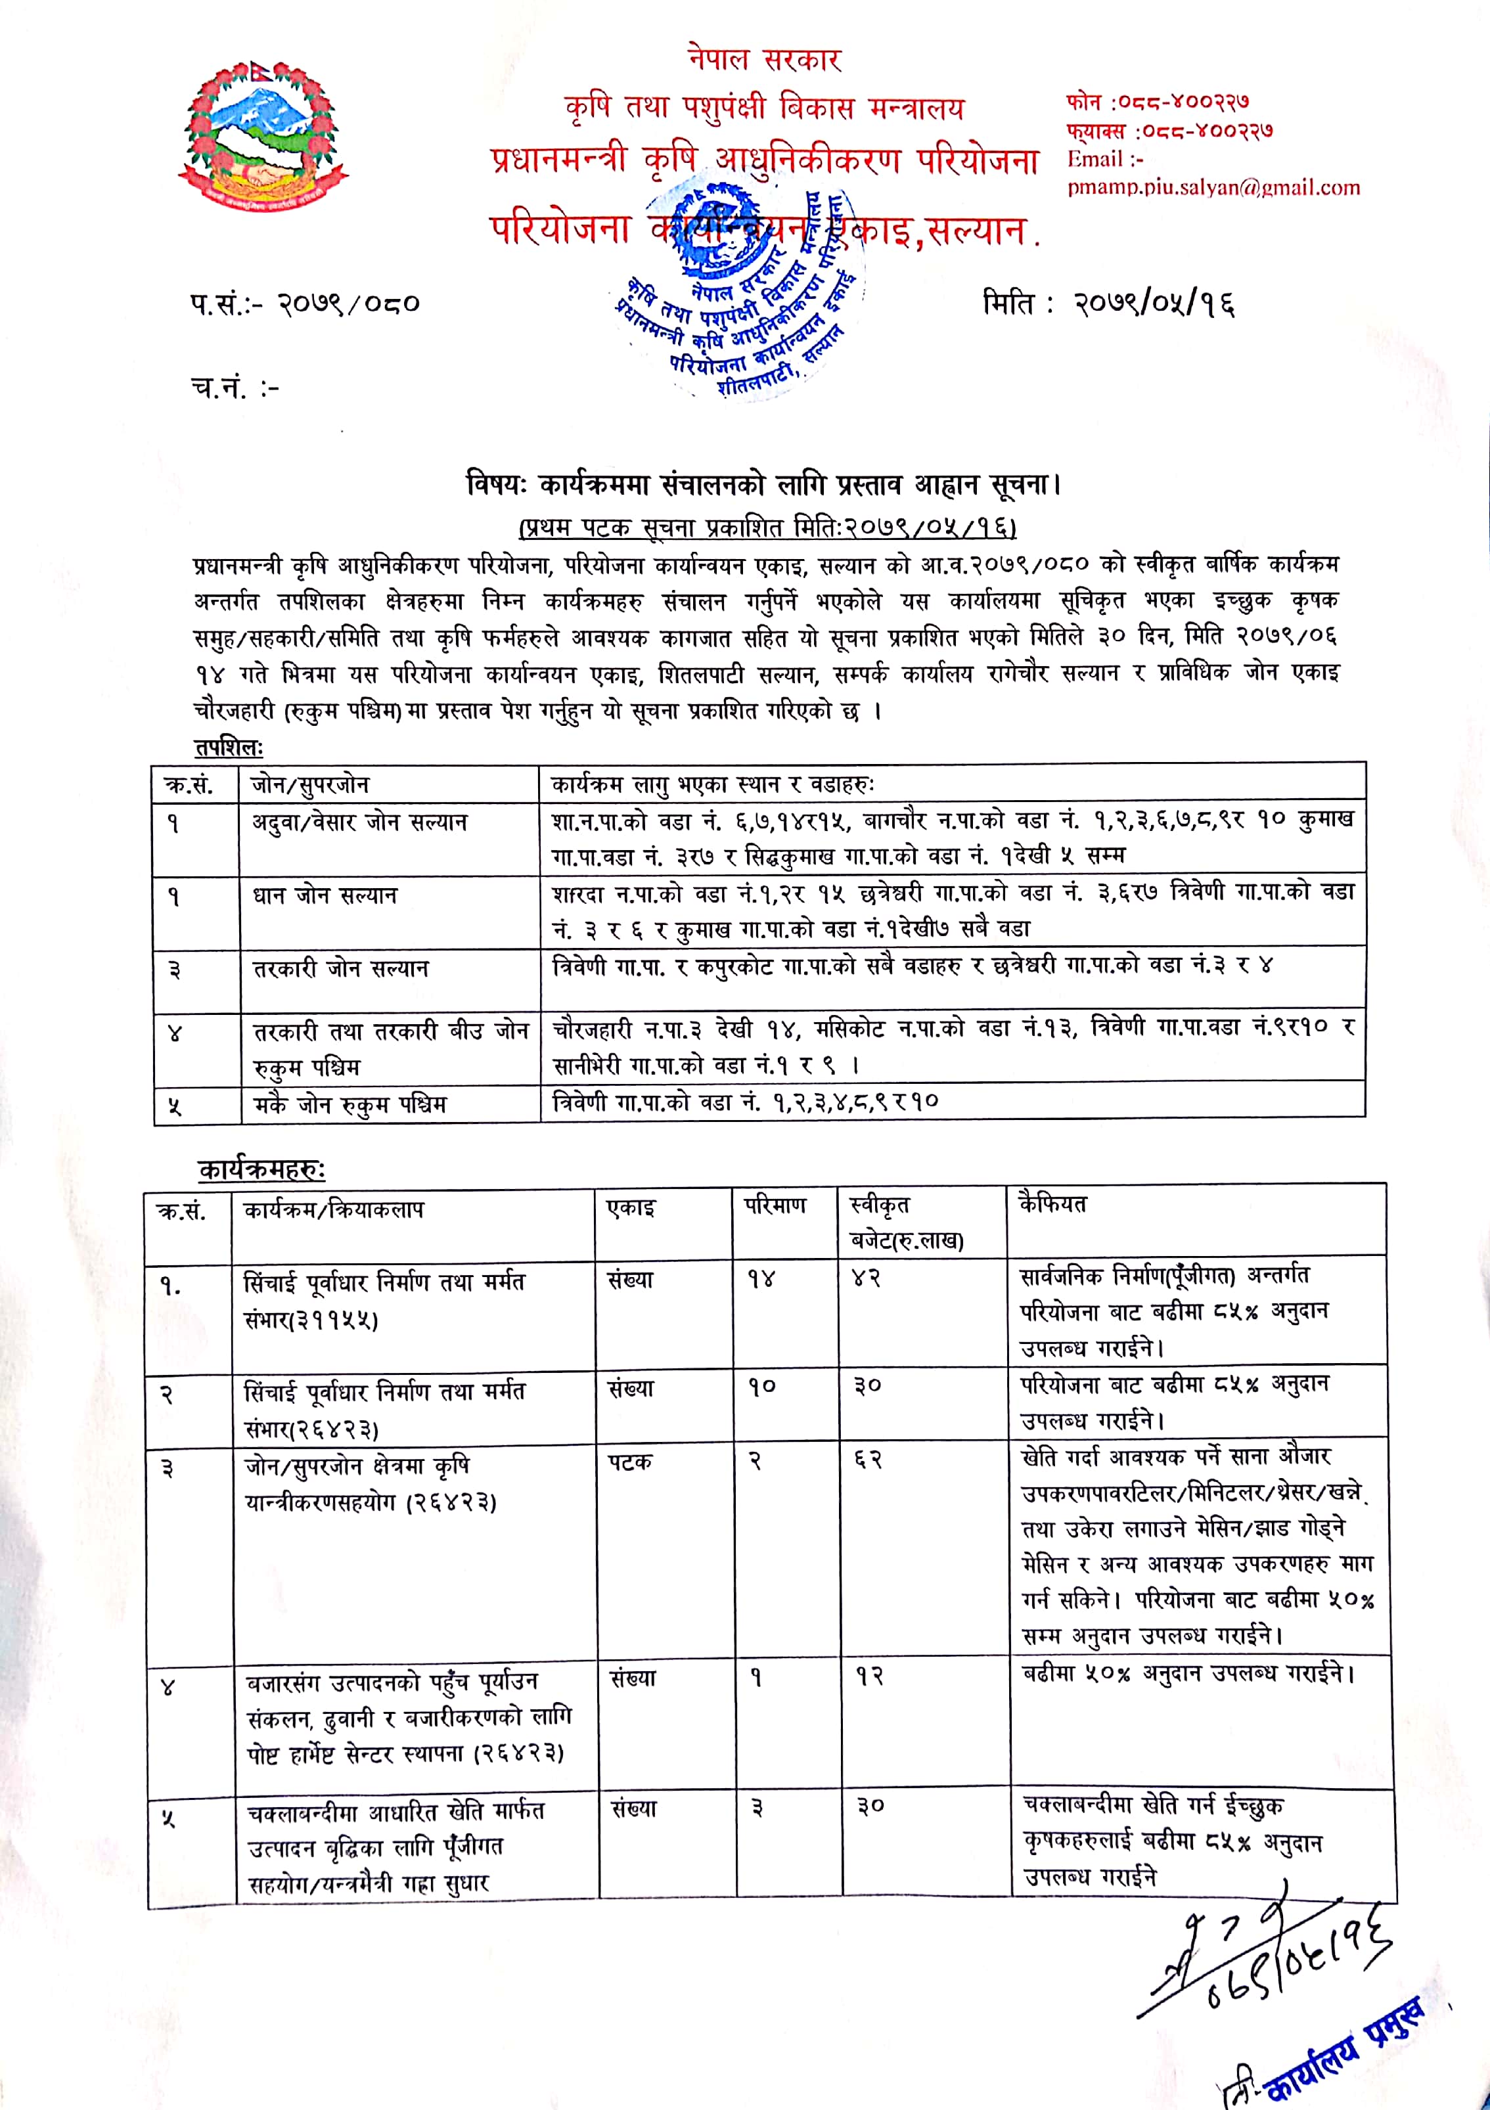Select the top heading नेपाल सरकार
tap(765, 60)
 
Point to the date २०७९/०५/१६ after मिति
tap(1154, 303)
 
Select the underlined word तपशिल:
tap(228, 746)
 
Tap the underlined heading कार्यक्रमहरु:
tap(262, 1170)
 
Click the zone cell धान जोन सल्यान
tap(325, 895)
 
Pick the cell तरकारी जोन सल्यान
tap(341, 968)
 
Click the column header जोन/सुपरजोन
tap(311, 785)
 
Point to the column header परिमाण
tap(775, 1205)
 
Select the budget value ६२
tap(868, 1460)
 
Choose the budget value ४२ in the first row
tap(866, 1278)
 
